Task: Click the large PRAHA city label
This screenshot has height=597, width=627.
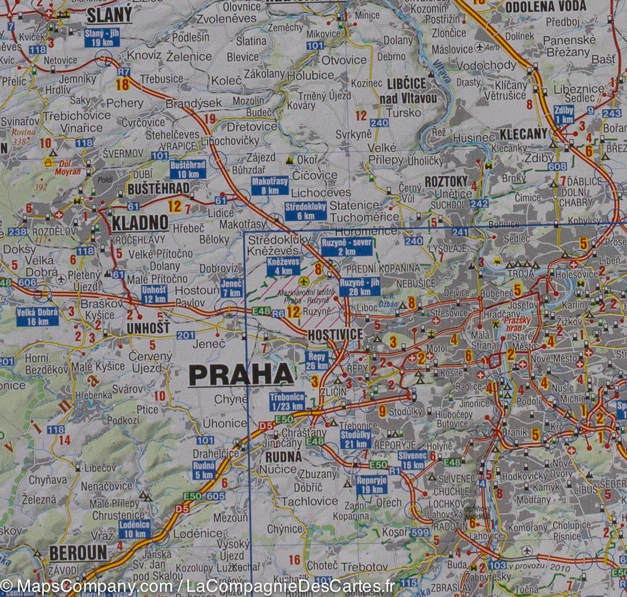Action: coord(241,374)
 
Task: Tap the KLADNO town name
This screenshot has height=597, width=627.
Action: coord(140,223)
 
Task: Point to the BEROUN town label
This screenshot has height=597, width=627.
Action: coord(78,553)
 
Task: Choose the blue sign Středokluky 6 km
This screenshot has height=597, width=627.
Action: coord(306,211)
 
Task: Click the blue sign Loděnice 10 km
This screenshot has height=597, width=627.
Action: coord(134,530)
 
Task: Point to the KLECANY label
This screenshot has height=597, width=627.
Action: coord(522,134)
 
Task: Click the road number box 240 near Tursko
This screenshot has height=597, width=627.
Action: coord(379,123)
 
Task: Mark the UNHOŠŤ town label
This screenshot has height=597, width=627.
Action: coord(148,328)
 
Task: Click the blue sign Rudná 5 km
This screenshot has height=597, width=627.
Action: coord(204,470)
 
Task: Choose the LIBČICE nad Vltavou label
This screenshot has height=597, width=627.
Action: coord(407,90)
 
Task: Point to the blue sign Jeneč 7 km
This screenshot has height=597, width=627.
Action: coord(231,288)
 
